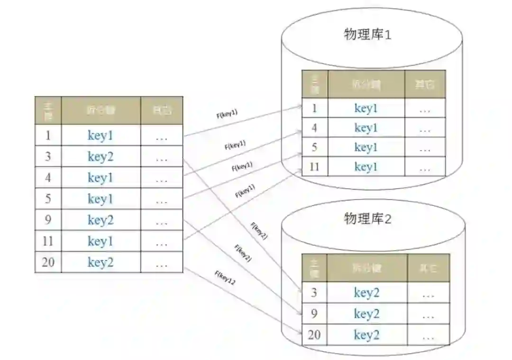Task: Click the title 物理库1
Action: pos(368,35)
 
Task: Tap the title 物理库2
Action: pos(368,219)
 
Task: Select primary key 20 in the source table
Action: pos(48,262)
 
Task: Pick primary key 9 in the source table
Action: pos(48,220)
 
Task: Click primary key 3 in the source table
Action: pos(48,156)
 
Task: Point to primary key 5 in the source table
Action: pos(48,198)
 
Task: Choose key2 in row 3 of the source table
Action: pos(101,156)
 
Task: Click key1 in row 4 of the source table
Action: pos(101,178)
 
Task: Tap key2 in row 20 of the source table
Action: pos(101,262)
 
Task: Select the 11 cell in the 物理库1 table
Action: pos(314,167)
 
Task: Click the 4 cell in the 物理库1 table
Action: pos(314,128)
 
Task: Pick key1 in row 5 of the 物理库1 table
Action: pos(366,147)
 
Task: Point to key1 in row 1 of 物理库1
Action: pos(366,108)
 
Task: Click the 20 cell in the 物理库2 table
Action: pos(314,335)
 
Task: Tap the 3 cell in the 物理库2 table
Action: pos(314,293)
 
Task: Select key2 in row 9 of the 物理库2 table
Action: pos(366,314)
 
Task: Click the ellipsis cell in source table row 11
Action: pos(162,242)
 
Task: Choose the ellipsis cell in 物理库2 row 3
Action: pos(428,293)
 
